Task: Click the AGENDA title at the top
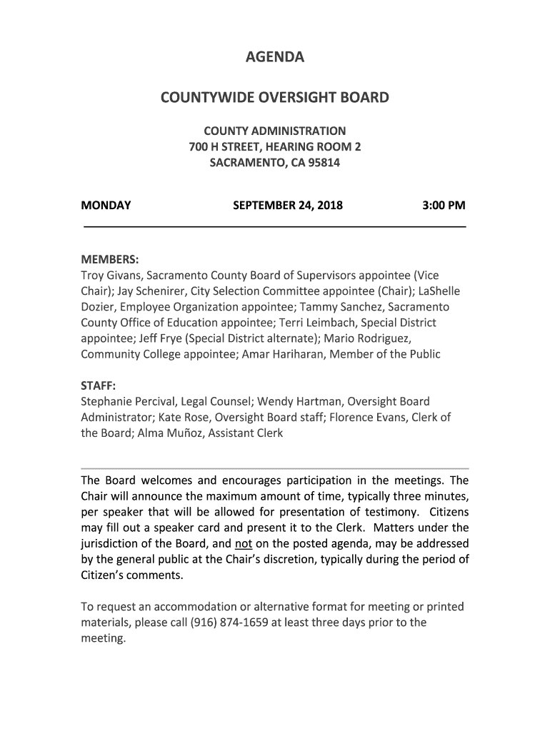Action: (275, 57)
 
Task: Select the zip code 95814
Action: (322, 163)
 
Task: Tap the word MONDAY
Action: (106, 206)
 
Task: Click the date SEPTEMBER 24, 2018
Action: (288, 206)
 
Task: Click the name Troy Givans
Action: (111, 275)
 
